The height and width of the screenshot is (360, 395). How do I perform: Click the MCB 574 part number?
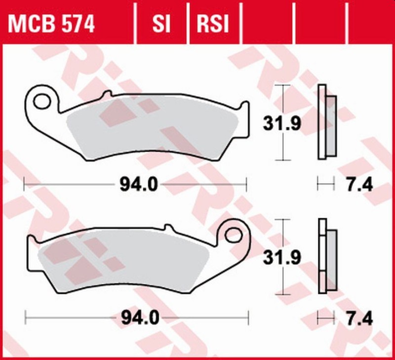(x=51, y=23)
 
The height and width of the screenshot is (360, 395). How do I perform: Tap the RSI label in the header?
(x=213, y=23)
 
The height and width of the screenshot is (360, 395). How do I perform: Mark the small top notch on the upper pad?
(x=105, y=94)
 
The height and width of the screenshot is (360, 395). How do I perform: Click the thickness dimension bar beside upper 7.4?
(x=325, y=185)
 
